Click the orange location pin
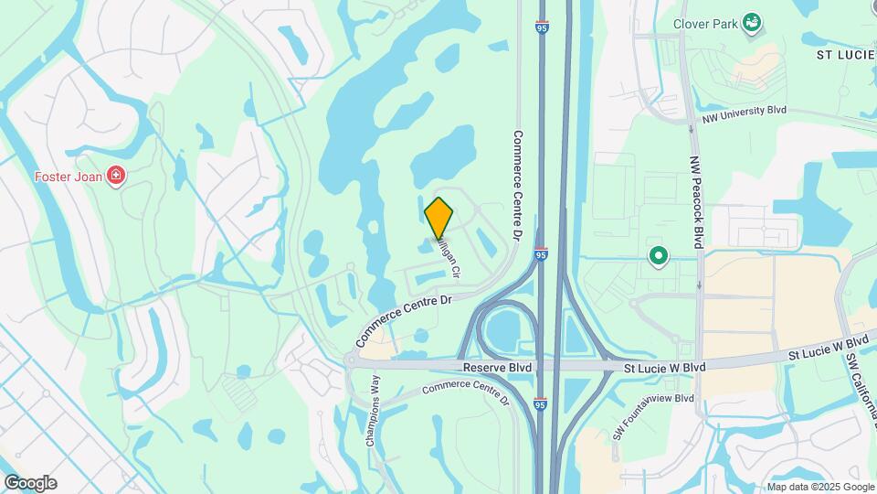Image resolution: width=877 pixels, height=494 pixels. [438, 218]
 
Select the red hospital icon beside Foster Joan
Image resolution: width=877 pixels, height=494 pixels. [116, 176]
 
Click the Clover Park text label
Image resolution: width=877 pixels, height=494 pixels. [704, 24]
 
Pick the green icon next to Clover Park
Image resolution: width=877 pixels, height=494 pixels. [752, 22]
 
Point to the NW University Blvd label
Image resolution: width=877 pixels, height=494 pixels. [745, 113]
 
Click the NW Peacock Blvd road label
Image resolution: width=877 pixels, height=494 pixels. [696, 200]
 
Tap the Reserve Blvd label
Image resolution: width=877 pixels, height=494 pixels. [497, 366]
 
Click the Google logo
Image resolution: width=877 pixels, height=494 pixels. [30, 482]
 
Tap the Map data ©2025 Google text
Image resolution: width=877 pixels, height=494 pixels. [820, 487]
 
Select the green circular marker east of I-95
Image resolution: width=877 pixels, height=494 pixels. [657, 256]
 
